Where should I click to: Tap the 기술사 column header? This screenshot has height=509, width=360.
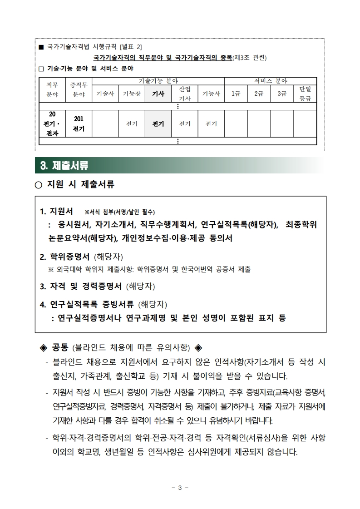pyautogui.click(x=105, y=94)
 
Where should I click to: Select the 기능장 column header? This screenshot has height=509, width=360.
pyautogui.click(x=132, y=94)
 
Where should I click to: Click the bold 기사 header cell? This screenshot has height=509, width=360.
pyautogui.click(x=158, y=94)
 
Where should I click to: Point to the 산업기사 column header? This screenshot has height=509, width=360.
pyautogui.click(x=185, y=94)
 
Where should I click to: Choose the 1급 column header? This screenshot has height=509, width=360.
pyautogui.click(x=236, y=94)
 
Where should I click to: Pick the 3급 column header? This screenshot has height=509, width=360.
pyautogui.click(x=282, y=94)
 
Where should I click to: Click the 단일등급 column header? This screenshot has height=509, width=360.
pyautogui.click(x=305, y=94)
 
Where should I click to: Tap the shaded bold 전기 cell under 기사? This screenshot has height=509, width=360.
pyautogui.click(x=158, y=124)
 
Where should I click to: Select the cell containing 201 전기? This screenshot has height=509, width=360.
pyautogui.click(x=79, y=124)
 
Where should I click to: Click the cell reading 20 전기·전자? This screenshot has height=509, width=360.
pyautogui.click(x=52, y=124)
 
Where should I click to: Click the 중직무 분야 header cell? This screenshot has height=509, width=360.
pyautogui.click(x=79, y=90)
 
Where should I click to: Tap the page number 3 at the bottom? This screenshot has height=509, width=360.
pyautogui.click(x=180, y=488)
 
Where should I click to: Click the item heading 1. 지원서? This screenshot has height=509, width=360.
pyautogui.click(x=57, y=212)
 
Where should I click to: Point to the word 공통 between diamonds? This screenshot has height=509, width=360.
pyautogui.click(x=60, y=348)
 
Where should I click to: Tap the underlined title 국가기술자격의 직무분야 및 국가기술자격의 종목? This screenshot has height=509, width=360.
pyautogui.click(x=162, y=58)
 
